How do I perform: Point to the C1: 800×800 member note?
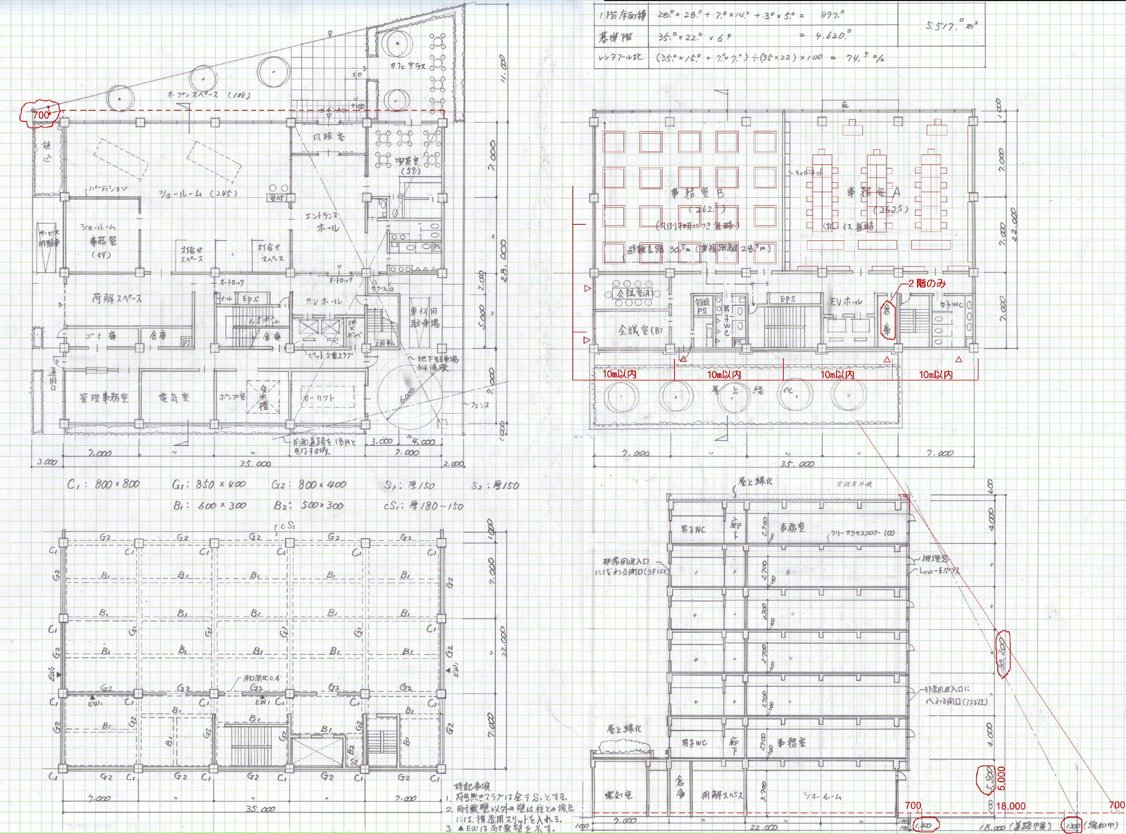click(x=104, y=485)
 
